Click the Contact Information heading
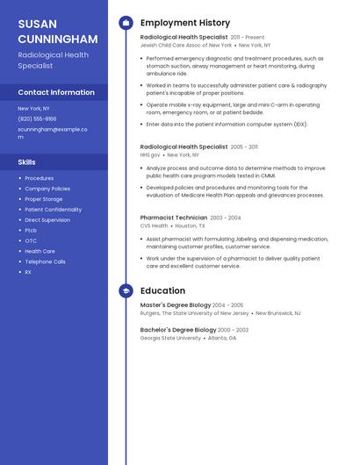click(56, 92)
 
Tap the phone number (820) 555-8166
click(37, 118)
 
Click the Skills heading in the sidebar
click(27, 162)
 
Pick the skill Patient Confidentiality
click(53, 210)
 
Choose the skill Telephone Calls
click(45, 261)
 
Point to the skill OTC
click(31, 240)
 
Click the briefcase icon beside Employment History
click(126, 23)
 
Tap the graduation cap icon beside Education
click(126, 290)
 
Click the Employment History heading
click(185, 23)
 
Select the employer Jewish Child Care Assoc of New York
click(186, 45)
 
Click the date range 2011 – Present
click(248, 38)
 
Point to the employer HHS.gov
click(150, 154)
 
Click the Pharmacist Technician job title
click(174, 218)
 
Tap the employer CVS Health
click(154, 225)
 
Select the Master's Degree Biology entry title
click(176, 305)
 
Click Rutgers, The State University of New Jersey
click(194, 313)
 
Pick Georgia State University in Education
click(170, 338)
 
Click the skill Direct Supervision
click(47, 220)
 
